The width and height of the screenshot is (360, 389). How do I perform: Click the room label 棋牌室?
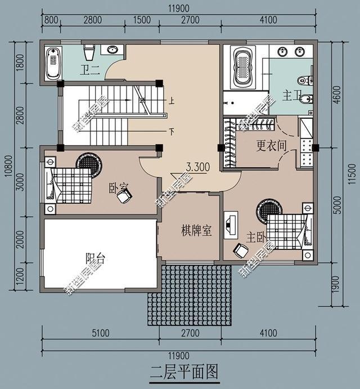point(196,230)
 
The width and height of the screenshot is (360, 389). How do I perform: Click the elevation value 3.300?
point(198,167)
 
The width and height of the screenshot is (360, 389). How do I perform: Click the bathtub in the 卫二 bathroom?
point(54,62)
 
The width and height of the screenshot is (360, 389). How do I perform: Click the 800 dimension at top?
point(51,20)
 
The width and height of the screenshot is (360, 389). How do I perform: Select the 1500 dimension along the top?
point(142,20)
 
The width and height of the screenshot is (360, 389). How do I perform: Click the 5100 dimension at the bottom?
point(100,334)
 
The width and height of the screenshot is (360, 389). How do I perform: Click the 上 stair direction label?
point(171,101)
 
